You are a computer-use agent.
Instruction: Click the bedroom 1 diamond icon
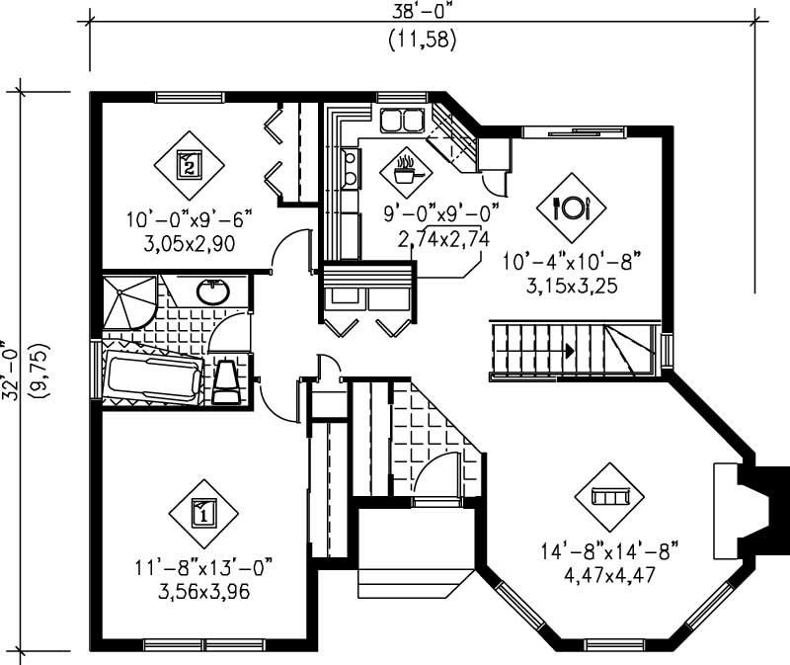pos(202,513)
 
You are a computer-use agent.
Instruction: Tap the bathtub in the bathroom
pos(154,376)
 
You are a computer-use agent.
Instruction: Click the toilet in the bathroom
pos(226,381)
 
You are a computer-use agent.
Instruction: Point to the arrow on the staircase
pos(571,349)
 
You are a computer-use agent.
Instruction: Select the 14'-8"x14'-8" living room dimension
pos(609,550)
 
